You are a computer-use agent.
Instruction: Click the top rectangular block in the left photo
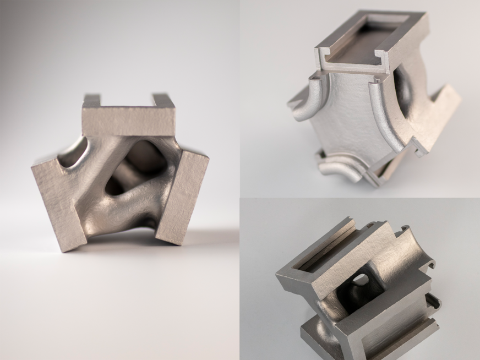point(128,119)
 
